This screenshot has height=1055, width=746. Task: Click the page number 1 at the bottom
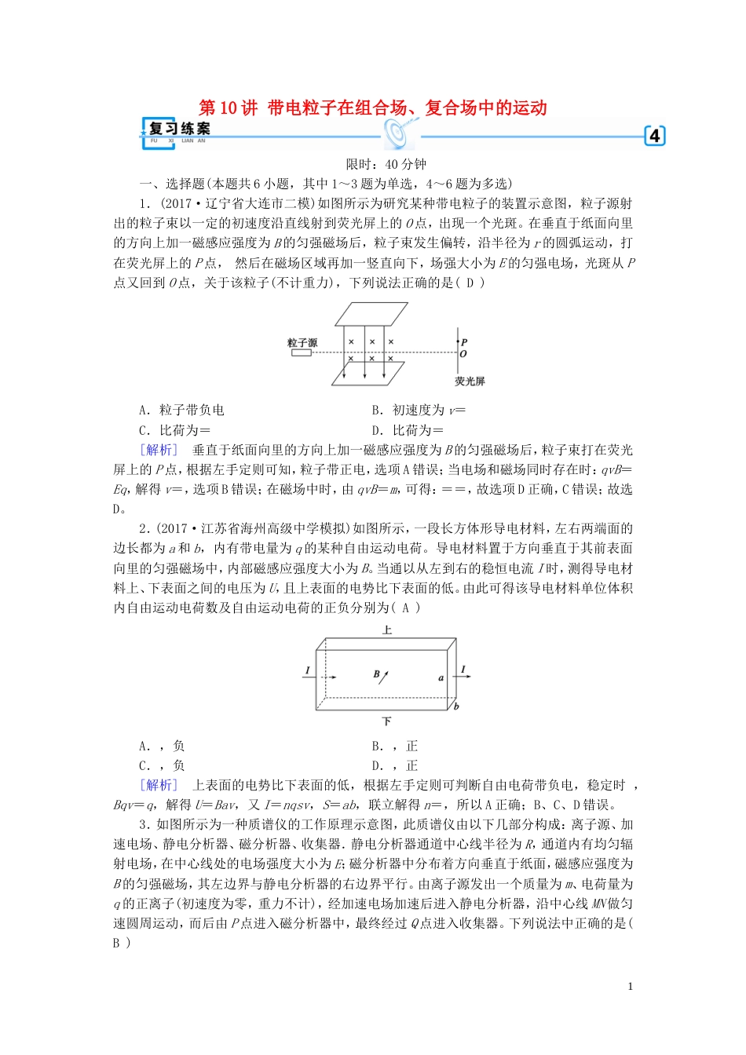click(630, 987)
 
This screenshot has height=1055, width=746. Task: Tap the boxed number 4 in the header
click(654, 136)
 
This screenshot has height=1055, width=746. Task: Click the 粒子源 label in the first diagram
click(302, 342)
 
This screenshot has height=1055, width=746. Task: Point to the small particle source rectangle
click(302, 353)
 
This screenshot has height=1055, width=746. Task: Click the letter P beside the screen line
click(464, 342)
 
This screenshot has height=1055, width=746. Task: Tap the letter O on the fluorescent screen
click(463, 354)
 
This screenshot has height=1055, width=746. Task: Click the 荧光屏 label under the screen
click(470, 381)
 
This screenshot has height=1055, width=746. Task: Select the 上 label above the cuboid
click(387, 630)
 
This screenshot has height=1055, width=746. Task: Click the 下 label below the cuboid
click(386, 721)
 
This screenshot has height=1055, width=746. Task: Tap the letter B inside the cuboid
click(376, 674)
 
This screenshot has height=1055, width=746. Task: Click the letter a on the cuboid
click(441, 677)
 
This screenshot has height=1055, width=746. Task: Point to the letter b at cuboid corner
click(456, 706)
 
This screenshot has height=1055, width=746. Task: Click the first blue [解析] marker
click(159, 450)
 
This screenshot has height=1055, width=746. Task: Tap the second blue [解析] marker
click(159, 785)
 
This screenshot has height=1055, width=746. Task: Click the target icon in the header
click(398, 133)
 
